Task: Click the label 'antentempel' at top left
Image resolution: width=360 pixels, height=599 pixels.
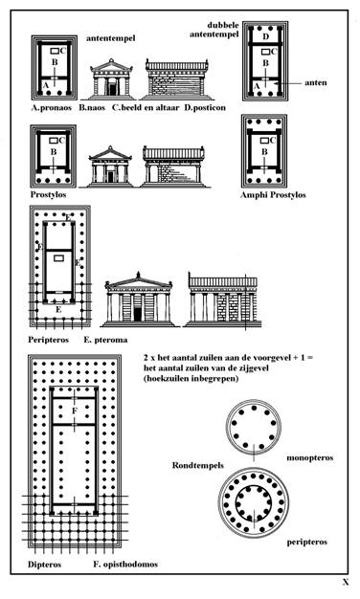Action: click(110, 38)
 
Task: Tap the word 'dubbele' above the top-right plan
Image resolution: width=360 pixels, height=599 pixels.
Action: click(223, 25)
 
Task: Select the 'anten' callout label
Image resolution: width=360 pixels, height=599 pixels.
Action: click(316, 82)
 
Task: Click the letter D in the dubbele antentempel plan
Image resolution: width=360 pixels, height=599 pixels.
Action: click(266, 36)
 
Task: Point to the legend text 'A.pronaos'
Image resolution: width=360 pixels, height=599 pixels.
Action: click(51, 108)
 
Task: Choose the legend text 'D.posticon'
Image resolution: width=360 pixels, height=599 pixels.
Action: click(205, 108)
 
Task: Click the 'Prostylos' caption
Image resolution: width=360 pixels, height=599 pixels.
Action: click(48, 194)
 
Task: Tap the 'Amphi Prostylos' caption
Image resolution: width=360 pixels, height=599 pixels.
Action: click(273, 195)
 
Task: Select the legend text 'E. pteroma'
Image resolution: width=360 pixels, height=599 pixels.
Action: click(105, 340)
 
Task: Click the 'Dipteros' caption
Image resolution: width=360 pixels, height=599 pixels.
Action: click(44, 565)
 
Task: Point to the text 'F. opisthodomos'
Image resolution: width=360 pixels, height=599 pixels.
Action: click(125, 565)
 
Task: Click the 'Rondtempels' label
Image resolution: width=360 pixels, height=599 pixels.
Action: click(197, 465)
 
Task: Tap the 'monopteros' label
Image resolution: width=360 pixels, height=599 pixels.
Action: click(310, 457)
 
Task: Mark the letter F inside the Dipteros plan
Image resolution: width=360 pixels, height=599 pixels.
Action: click(75, 411)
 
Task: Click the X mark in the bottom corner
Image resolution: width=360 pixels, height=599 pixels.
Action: click(346, 583)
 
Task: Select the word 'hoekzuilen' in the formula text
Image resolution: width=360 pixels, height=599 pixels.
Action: click(167, 379)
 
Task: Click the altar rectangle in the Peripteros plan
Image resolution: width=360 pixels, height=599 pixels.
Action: click(58, 258)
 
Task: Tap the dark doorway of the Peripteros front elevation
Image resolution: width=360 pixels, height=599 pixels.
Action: click(138, 314)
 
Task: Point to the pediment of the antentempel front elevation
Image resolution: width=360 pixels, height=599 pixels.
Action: click(111, 67)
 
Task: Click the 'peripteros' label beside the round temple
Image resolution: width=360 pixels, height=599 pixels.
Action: click(307, 542)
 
